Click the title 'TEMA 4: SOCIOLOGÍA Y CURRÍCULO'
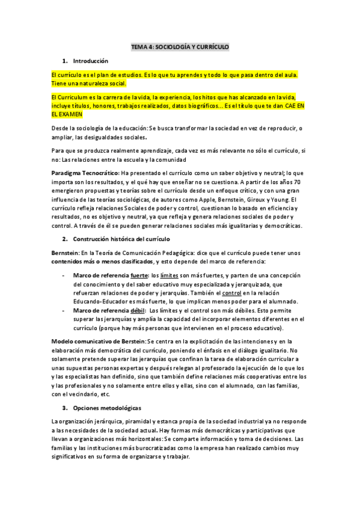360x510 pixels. (x=180, y=47)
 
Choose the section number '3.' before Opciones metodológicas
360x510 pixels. (x=65, y=407)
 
